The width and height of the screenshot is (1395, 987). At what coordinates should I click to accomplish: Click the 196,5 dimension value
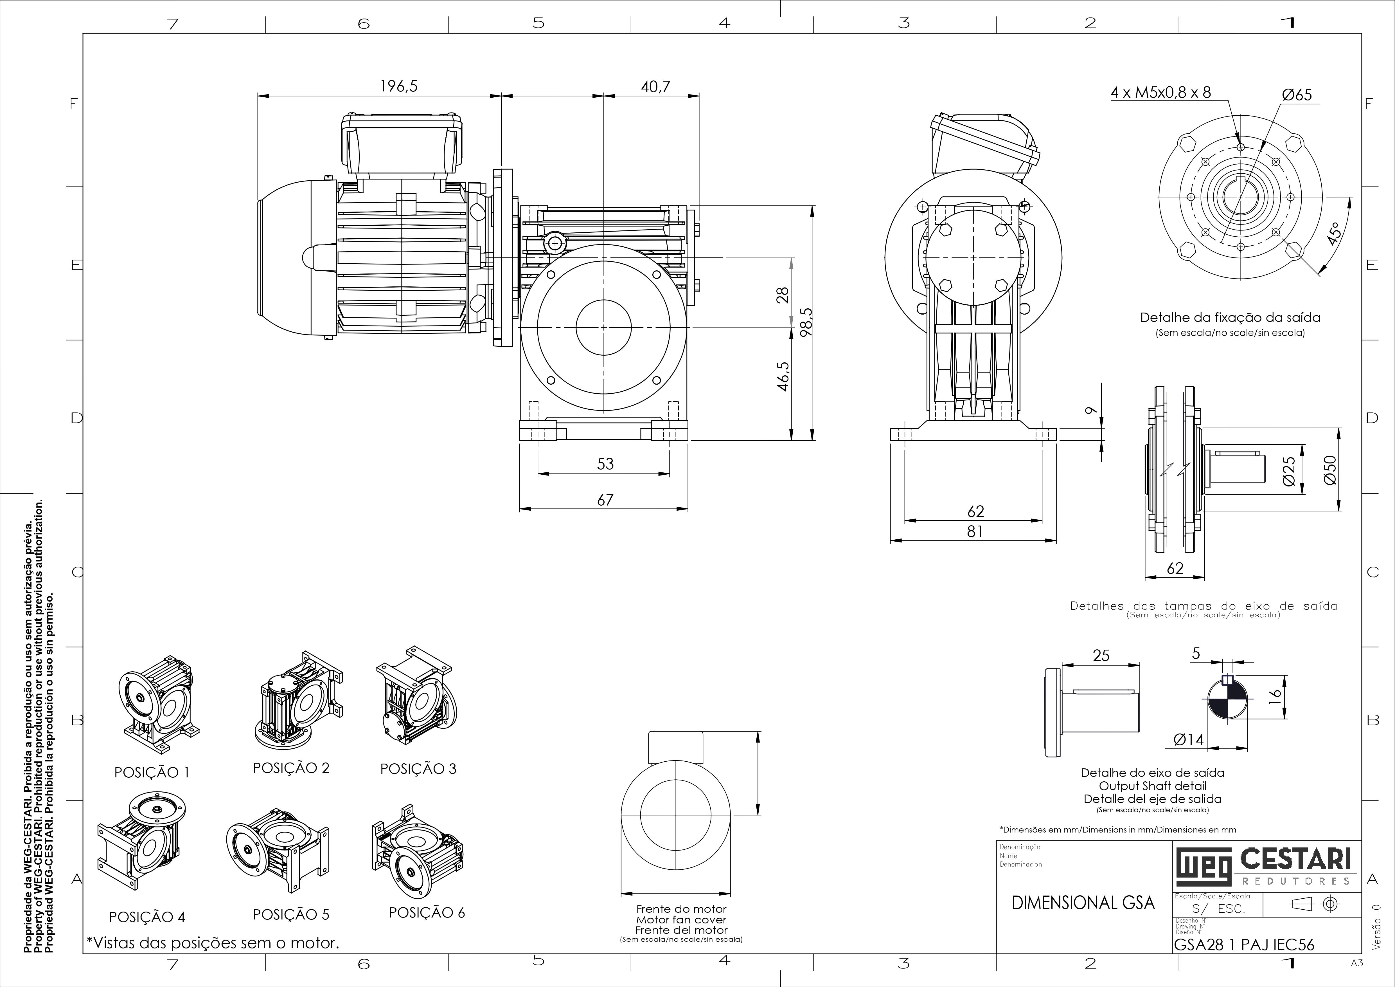pos(399,86)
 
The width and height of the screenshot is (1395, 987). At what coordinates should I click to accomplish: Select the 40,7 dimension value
pos(655,86)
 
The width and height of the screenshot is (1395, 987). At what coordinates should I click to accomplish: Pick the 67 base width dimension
pos(605,500)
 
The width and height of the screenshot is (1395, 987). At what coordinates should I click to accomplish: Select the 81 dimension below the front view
pos(975,531)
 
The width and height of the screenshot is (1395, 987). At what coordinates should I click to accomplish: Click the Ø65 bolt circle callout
pos(1297,95)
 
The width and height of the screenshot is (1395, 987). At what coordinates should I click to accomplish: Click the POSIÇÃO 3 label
pos(418,769)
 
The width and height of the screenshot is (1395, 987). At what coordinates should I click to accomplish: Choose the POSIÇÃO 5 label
pos(291,915)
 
